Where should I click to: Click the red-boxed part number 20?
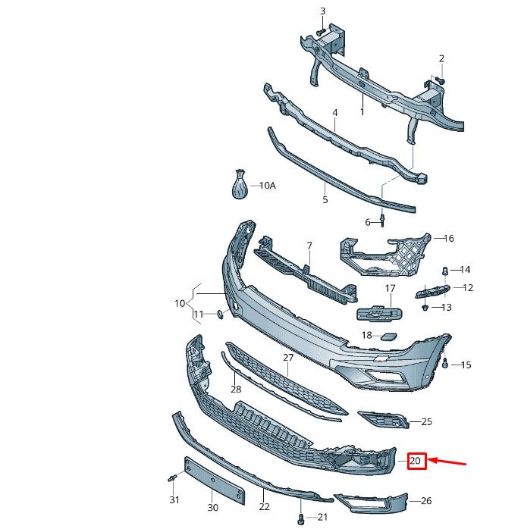pos(416,461)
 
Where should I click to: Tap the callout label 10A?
pos(267,186)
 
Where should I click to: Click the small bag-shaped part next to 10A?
pos(240,186)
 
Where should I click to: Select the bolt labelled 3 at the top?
pos(321,31)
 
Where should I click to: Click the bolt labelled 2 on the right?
pos(440,80)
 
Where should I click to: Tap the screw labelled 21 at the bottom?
pos(303,519)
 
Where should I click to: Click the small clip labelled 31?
pos(172,477)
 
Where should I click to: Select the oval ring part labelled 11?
pos(220,314)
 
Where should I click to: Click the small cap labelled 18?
pos(388,336)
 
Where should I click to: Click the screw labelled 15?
pos(446,364)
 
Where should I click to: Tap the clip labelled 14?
pos(446,270)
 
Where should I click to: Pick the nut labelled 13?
pos(426,308)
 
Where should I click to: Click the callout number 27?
pos(288,357)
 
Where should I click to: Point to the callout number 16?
pos(448,238)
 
